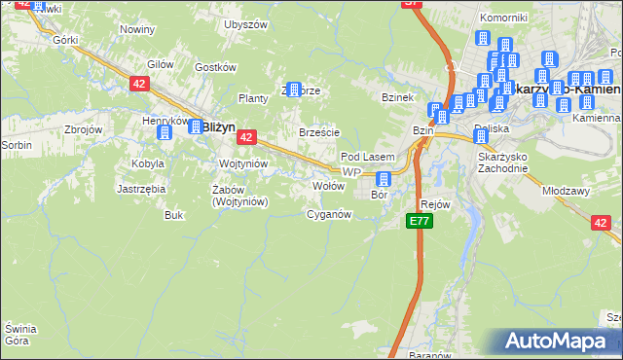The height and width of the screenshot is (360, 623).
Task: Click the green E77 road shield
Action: click(x=420, y=222)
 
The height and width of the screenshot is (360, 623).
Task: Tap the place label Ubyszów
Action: click(x=245, y=24)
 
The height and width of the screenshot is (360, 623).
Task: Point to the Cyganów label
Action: click(x=328, y=214)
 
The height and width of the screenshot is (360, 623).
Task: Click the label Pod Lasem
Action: click(x=367, y=157)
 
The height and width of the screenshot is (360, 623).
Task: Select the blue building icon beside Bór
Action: click(x=384, y=179)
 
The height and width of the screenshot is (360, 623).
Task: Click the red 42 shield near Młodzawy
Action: click(x=601, y=223)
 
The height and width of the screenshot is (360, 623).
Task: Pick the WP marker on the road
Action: click(x=351, y=172)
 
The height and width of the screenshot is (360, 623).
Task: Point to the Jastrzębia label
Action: click(x=141, y=189)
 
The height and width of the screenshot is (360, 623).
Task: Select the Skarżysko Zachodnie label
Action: click(x=503, y=162)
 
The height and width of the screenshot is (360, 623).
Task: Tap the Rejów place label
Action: click(x=435, y=204)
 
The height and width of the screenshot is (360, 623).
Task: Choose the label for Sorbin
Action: click(x=17, y=145)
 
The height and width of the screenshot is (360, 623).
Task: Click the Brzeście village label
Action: click(x=319, y=132)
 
